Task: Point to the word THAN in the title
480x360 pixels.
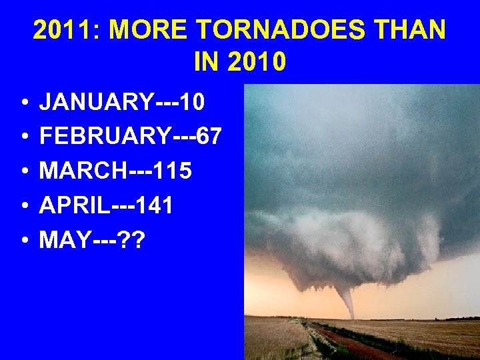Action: (x=413, y=30)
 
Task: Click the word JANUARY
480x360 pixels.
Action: (x=96, y=102)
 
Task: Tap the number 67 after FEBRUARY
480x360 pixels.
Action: (x=208, y=137)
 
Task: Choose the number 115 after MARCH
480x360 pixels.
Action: (x=172, y=171)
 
